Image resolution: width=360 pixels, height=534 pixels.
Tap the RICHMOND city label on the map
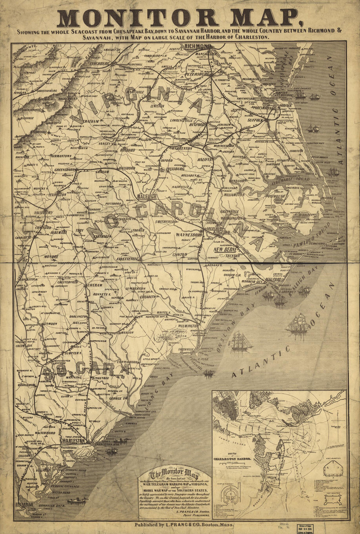coord(198,46)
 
